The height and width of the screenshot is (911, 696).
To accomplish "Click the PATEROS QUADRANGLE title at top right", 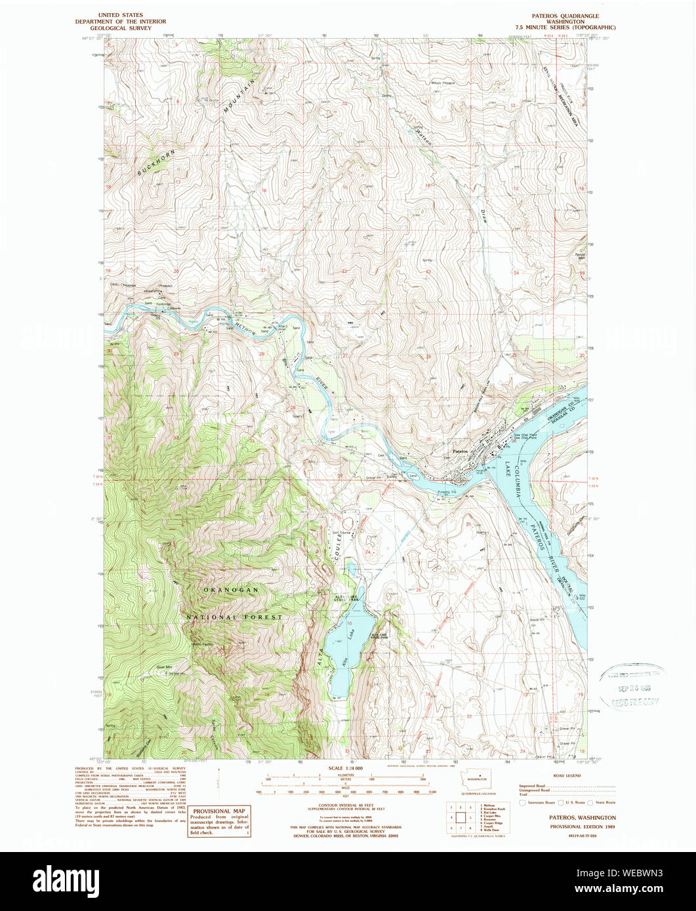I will (x=566, y=14).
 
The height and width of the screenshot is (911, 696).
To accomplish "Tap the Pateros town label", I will (x=461, y=452).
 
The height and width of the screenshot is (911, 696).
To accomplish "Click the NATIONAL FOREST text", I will (x=234, y=617).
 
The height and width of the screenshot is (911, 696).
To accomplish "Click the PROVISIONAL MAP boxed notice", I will (x=219, y=821).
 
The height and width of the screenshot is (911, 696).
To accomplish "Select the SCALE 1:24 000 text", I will (x=345, y=767).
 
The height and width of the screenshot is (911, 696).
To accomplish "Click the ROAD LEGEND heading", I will (x=566, y=775).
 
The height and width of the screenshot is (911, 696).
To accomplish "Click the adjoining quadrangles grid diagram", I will (x=461, y=817).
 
